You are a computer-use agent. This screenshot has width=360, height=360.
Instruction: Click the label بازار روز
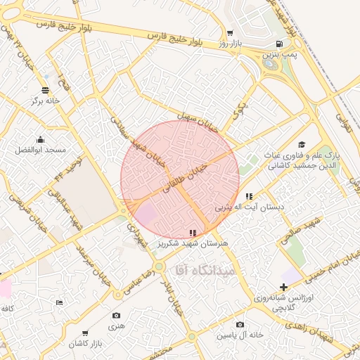(x=229, y=44)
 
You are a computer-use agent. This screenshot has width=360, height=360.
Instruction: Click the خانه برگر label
(x=45, y=101)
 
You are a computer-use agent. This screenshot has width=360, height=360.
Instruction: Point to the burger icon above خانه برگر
(x=46, y=90)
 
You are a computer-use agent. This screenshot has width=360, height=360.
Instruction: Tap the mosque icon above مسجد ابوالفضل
(x=40, y=139)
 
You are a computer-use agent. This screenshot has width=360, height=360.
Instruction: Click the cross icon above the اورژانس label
(x=283, y=287)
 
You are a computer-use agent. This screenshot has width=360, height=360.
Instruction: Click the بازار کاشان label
(x=85, y=344)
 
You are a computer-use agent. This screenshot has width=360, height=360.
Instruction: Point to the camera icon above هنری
(x=116, y=316)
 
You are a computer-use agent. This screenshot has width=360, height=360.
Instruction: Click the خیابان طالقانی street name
(x=186, y=179)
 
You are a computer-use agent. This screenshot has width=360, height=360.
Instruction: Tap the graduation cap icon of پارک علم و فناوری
(x=302, y=143)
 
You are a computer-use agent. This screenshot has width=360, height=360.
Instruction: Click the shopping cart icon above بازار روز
(x=229, y=33)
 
